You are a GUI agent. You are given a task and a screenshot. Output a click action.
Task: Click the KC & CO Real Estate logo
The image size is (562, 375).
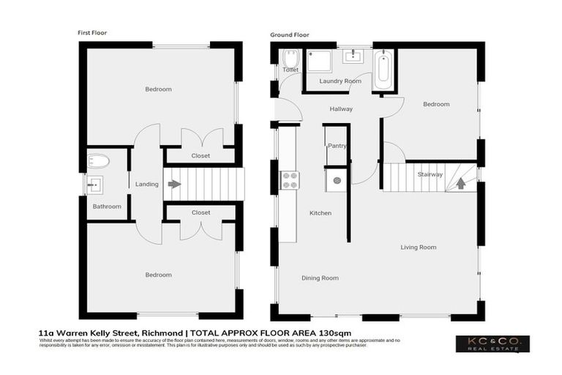(492, 343)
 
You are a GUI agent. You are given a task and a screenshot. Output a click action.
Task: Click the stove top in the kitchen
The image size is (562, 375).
(290, 179)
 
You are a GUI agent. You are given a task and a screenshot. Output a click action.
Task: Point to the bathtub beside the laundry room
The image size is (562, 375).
(383, 70)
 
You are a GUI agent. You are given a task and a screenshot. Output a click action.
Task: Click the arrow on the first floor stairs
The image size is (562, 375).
(173, 184)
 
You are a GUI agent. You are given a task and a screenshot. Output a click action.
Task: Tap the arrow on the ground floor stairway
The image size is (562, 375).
(460, 183)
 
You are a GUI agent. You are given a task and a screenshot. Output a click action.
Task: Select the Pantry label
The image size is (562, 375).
(337, 146)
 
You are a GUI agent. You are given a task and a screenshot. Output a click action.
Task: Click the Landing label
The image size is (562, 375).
(146, 184)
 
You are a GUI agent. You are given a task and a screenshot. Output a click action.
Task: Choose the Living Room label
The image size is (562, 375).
(418, 247)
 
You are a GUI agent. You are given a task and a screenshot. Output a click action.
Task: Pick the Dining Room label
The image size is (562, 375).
(320, 278)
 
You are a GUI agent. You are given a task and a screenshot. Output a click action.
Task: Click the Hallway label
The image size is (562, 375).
(341, 109)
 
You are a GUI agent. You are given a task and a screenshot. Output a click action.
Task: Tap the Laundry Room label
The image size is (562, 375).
(340, 81)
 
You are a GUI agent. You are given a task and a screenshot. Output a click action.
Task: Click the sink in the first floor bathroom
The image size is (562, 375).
(96, 185)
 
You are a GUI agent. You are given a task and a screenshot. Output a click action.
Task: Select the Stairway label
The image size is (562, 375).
(430, 174)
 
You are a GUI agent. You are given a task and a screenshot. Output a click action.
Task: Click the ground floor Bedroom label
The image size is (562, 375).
(436, 104)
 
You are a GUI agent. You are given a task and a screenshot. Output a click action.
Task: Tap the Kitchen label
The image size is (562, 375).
(321, 213)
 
